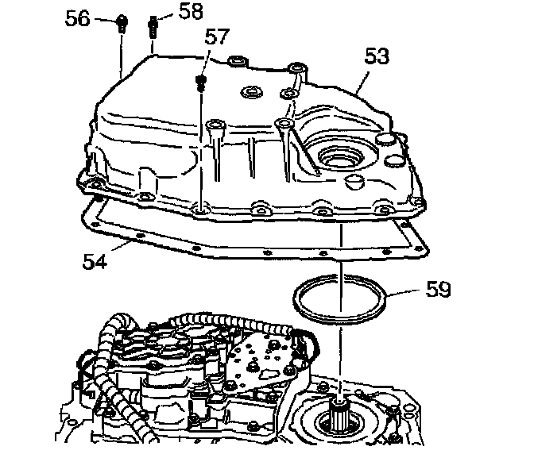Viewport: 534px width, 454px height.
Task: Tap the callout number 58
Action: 190,10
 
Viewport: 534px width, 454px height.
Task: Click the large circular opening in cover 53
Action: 336,156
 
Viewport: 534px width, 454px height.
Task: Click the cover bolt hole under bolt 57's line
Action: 201,210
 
